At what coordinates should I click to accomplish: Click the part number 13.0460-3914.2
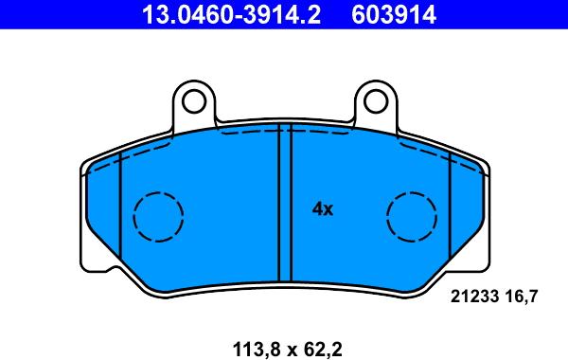231,14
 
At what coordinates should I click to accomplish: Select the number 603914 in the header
394,14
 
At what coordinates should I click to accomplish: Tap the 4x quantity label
323,209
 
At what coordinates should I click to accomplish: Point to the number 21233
474,297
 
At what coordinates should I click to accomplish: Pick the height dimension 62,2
321,350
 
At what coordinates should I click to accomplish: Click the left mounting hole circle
194,101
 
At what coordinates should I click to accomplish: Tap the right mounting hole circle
377,101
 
